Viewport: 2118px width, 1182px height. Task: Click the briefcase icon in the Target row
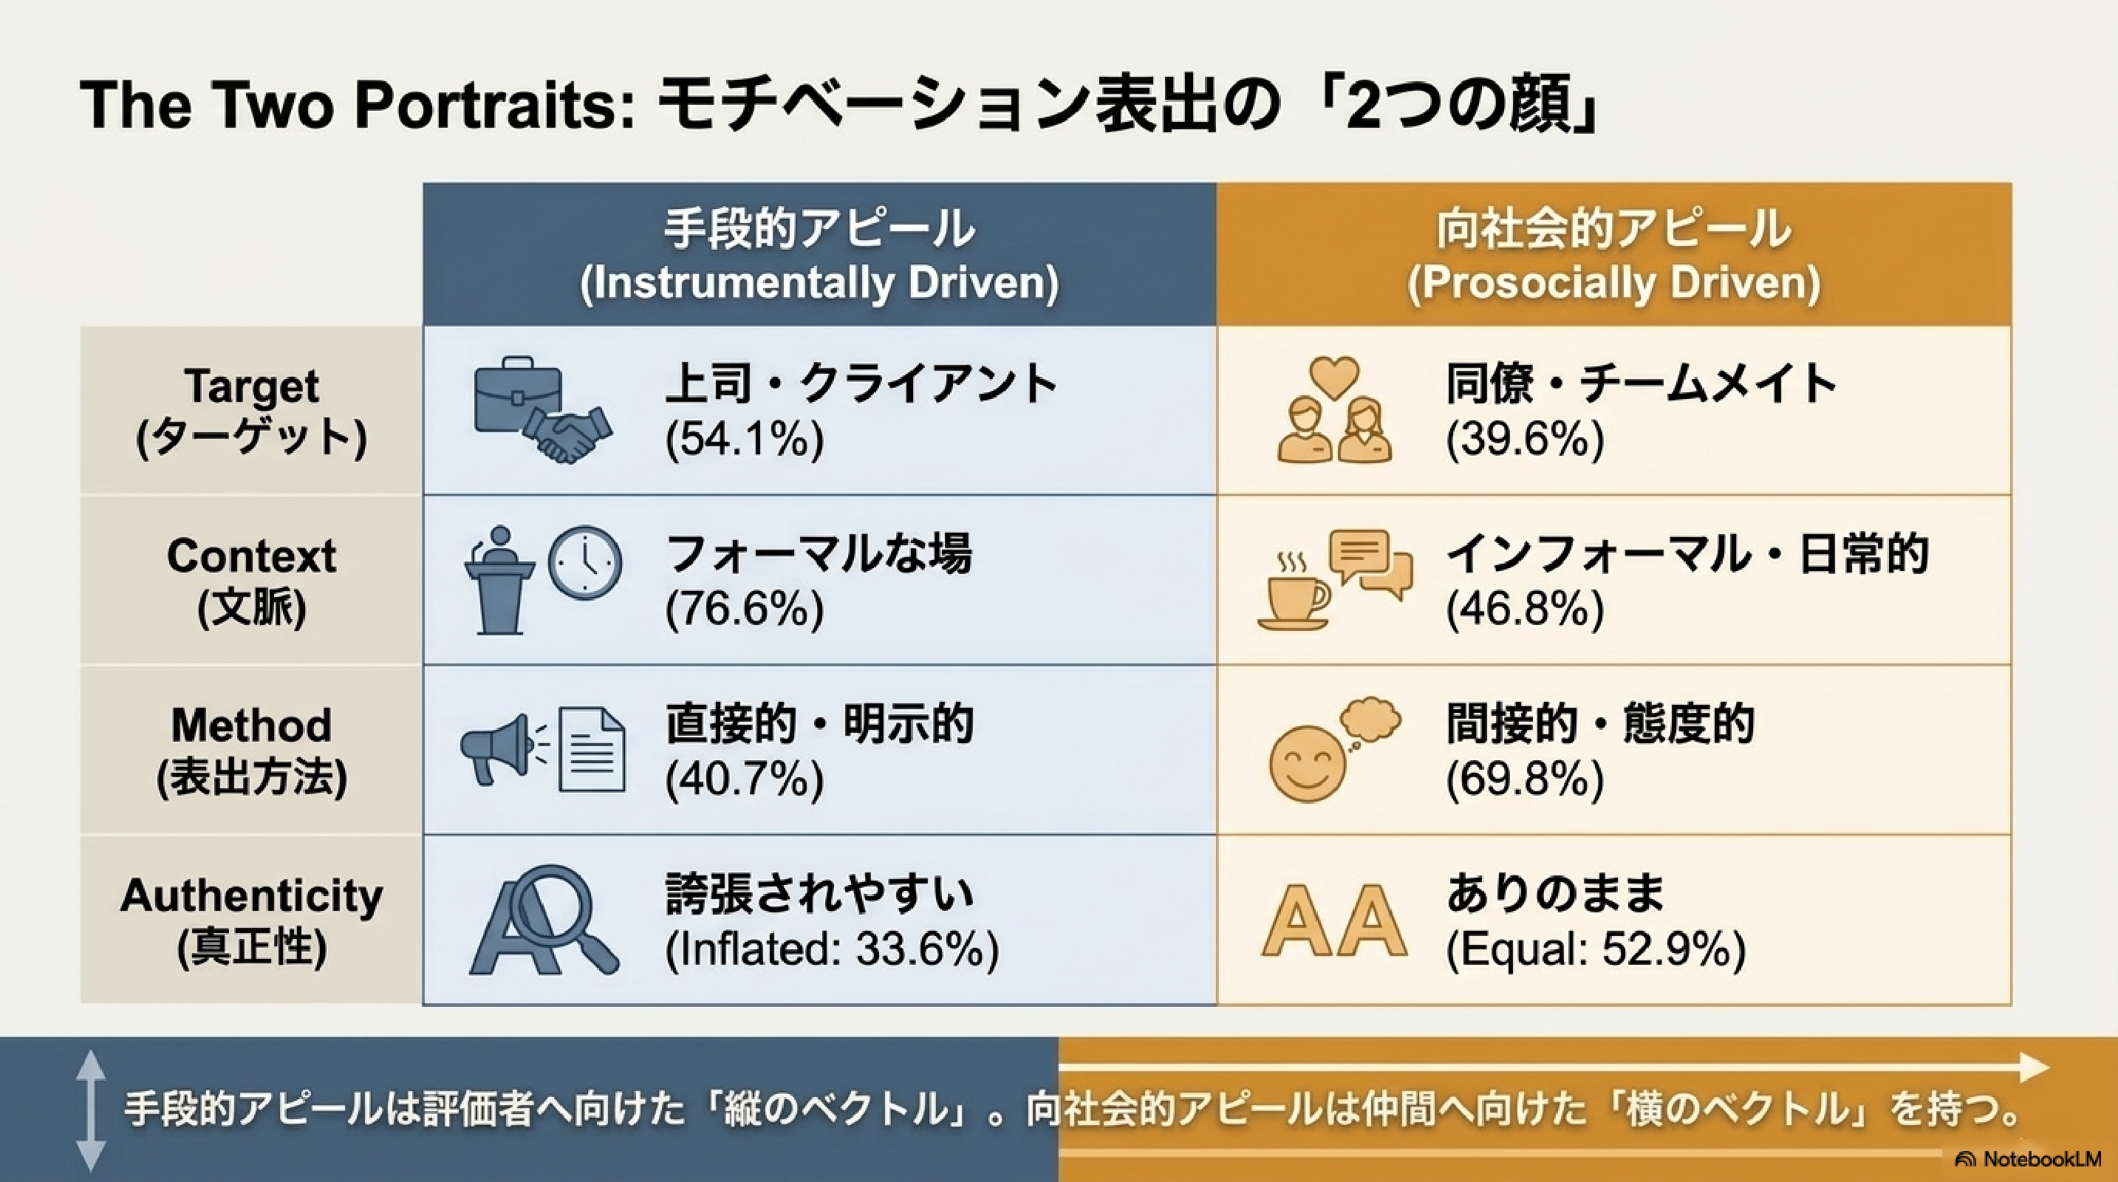pos(518,395)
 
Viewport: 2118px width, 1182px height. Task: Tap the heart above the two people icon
pos(1333,378)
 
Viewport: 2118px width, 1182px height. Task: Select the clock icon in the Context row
pos(584,563)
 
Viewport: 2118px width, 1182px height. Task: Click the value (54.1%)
pos(744,439)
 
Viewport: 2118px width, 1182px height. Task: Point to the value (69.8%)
pos(1526,779)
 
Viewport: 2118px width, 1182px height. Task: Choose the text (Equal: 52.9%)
pos(1596,949)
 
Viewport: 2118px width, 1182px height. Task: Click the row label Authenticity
pos(252,896)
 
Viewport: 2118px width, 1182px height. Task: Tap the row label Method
pos(252,725)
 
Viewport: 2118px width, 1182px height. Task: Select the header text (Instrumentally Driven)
pos(820,283)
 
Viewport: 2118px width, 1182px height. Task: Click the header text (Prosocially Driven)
pos(1614,283)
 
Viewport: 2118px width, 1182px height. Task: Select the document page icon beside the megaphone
pos(591,749)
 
